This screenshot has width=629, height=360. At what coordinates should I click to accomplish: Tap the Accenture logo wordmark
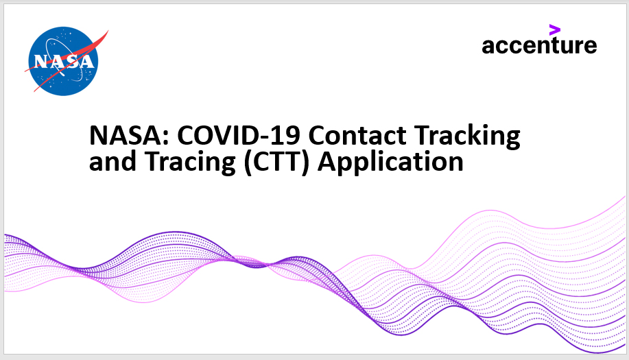[x=539, y=45]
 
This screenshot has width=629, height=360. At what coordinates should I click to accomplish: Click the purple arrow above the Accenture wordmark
[x=555, y=29]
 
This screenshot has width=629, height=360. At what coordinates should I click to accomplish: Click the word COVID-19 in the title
[x=239, y=136]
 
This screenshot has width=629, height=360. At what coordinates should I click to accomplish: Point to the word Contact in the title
[x=357, y=136]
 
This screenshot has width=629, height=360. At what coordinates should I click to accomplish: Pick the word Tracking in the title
[x=467, y=136]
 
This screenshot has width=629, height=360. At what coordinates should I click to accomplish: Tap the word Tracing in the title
[x=190, y=163]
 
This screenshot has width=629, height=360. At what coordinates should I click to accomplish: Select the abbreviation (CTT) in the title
[x=277, y=163]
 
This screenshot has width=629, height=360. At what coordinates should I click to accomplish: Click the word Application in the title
[x=390, y=163]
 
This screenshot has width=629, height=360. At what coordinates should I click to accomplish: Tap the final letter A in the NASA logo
[x=87, y=61]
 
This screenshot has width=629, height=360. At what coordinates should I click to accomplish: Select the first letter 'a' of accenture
[x=488, y=47]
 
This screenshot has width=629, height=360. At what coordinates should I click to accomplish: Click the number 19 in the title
[x=288, y=136]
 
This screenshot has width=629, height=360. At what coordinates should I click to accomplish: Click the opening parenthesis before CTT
[x=248, y=163]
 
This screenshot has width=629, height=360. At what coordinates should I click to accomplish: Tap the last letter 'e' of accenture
[x=590, y=47]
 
